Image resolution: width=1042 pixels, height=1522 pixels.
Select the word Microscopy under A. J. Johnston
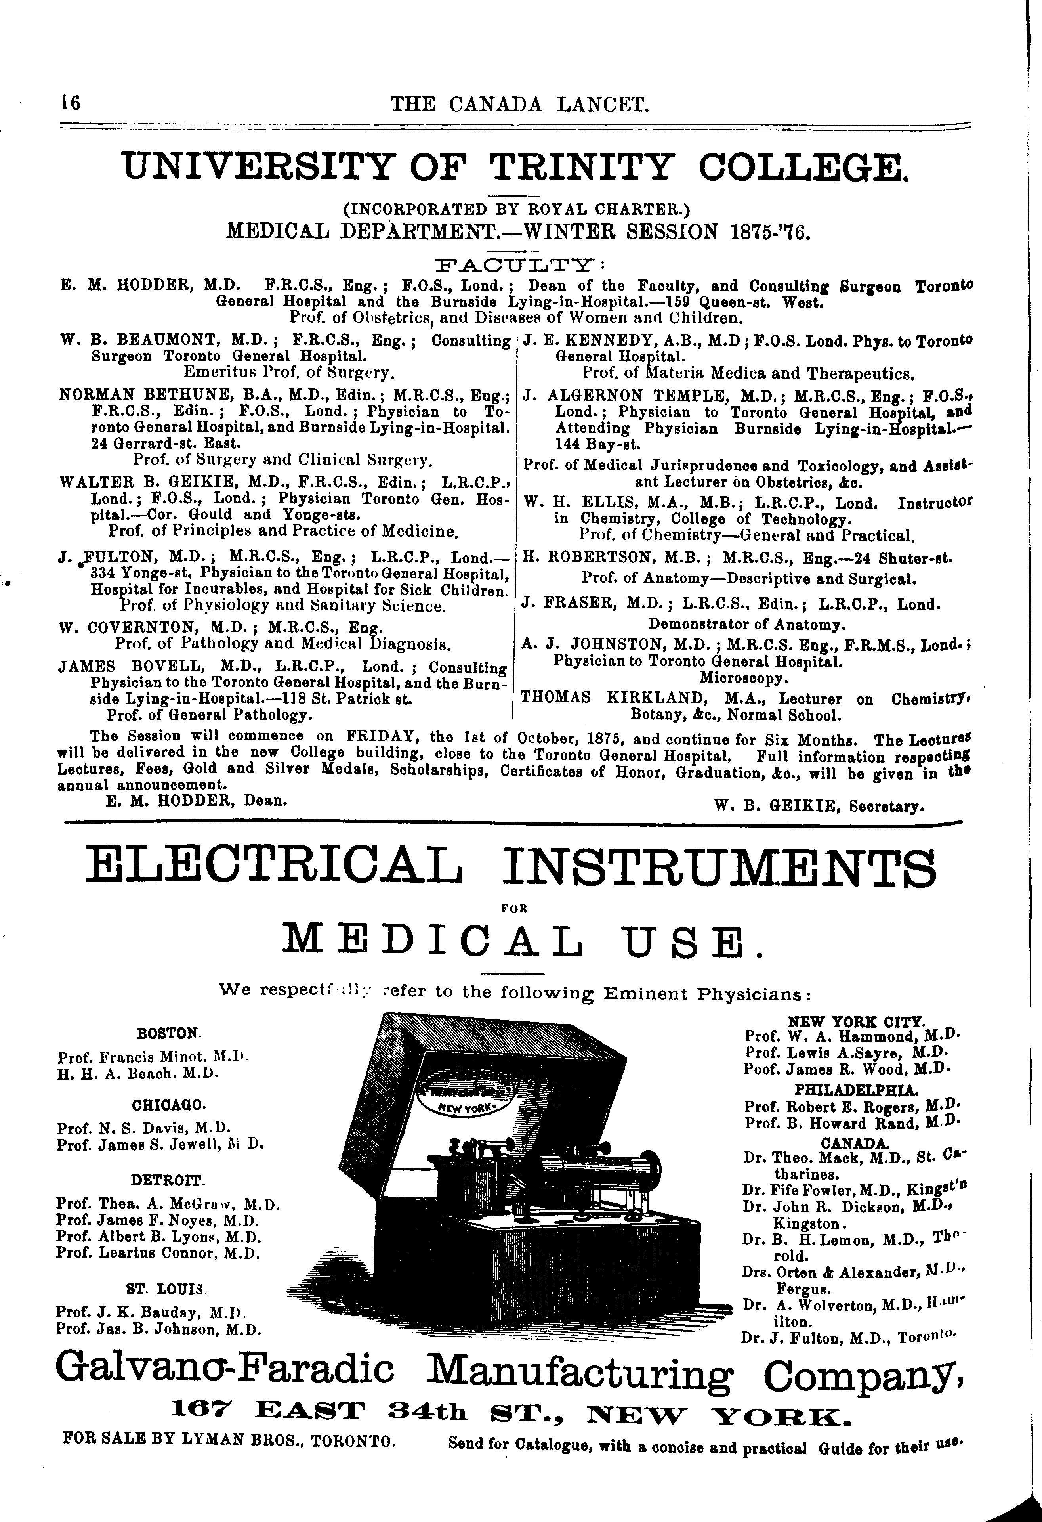744,677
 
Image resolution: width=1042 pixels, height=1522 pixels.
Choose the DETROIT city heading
168,1181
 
